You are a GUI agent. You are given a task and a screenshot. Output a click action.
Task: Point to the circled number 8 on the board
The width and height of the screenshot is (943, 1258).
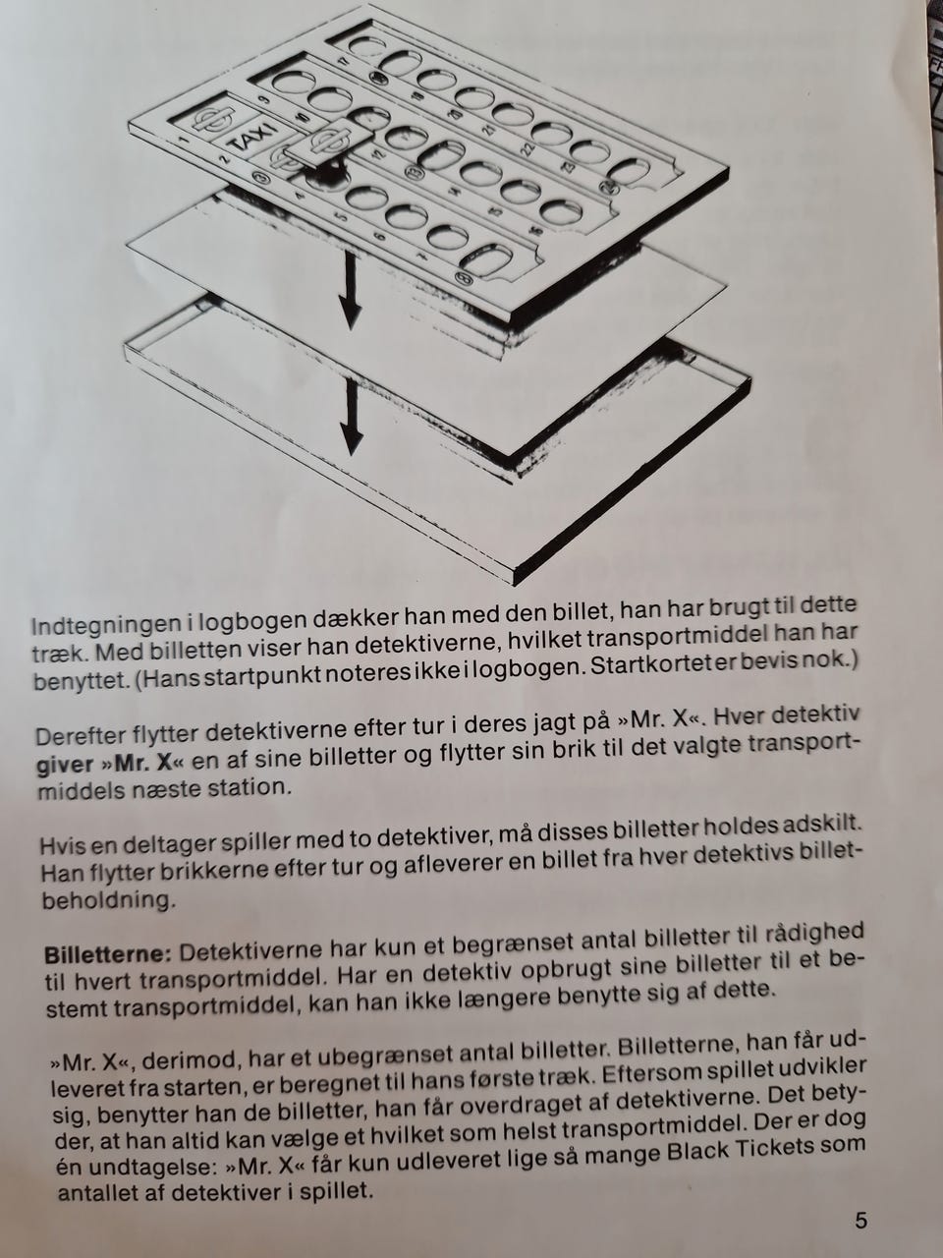pyautogui.click(x=462, y=278)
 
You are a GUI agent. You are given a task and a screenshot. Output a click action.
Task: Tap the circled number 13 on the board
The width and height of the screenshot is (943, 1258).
pyautogui.click(x=412, y=170)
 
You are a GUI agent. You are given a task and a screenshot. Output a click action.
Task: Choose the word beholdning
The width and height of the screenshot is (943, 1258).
pyautogui.click(x=107, y=901)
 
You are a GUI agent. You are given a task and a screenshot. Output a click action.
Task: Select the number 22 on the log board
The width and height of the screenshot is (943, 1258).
pyautogui.click(x=527, y=148)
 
